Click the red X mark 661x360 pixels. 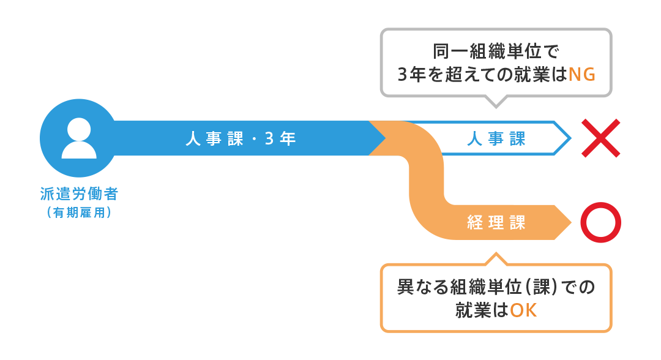click(601, 138)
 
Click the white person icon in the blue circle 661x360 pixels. click(79, 138)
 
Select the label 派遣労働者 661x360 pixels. click(79, 194)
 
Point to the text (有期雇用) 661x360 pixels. click(79, 212)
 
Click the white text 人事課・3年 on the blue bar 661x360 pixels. click(241, 138)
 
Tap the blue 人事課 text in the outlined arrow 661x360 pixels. click(496, 138)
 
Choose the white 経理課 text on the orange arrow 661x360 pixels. click(496, 223)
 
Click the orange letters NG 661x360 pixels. click(582, 75)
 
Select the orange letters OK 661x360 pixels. click(523, 310)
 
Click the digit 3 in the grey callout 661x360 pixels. click(403, 75)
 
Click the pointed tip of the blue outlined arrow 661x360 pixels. click(571, 138)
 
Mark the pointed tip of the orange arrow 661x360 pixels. click(571, 223)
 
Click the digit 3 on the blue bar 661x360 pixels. click(269, 138)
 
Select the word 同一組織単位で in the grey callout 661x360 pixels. click(496, 51)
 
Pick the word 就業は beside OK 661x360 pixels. click(482, 310)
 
